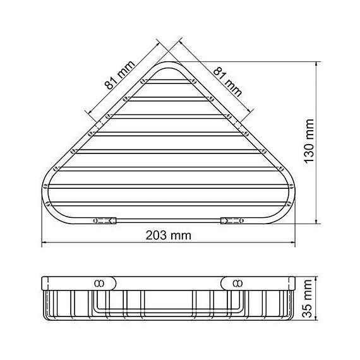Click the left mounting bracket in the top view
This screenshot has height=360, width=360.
[x=104, y=221]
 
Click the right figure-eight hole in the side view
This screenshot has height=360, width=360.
[x=237, y=282]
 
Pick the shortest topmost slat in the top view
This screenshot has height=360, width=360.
[x=168, y=82]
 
